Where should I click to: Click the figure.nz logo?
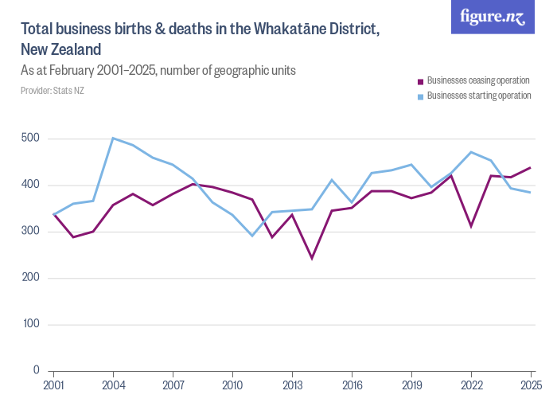click(493, 17)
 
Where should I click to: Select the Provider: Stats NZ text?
click(53, 91)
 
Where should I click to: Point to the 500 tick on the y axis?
click(32, 139)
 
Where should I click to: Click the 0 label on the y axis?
click(37, 371)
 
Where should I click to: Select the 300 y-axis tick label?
click(32, 232)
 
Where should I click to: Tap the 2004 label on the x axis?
click(114, 386)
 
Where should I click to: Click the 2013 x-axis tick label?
click(292, 386)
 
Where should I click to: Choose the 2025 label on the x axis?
click(530, 386)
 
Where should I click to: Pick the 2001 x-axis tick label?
click(54, 386)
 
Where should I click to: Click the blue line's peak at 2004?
click(113, 139)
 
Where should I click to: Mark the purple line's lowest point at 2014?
click(312, 258)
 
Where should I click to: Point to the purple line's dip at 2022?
click(471, 227)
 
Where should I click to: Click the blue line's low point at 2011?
click(252, 236)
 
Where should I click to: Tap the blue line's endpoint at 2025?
click(531, 193)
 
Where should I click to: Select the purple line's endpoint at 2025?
click(531, 168)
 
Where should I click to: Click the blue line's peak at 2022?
click(471, 152)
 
